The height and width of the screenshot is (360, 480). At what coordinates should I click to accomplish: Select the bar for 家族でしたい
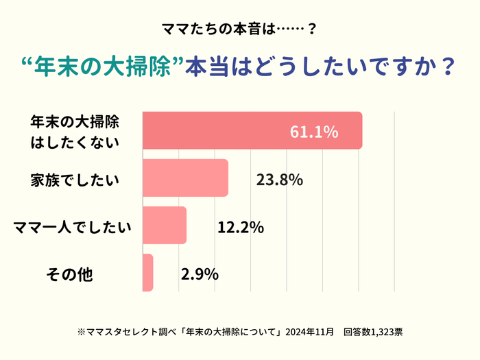185,178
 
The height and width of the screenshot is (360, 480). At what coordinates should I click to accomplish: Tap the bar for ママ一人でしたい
165,225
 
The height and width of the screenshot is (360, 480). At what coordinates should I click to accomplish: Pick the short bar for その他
147,272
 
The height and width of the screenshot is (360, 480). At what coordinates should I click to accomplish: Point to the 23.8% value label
279,180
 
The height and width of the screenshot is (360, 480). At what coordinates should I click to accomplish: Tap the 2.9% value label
200,274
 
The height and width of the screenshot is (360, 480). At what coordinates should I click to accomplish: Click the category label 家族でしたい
74,180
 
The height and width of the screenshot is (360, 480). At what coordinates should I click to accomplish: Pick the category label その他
69,274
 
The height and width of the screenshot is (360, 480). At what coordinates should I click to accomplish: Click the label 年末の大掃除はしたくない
74,132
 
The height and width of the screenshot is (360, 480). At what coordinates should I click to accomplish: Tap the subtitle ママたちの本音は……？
239,29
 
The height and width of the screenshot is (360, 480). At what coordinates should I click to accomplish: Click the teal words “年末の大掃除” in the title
103,69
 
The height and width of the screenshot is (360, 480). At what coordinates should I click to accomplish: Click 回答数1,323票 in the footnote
373,332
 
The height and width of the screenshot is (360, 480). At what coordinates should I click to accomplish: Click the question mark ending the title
448,69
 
